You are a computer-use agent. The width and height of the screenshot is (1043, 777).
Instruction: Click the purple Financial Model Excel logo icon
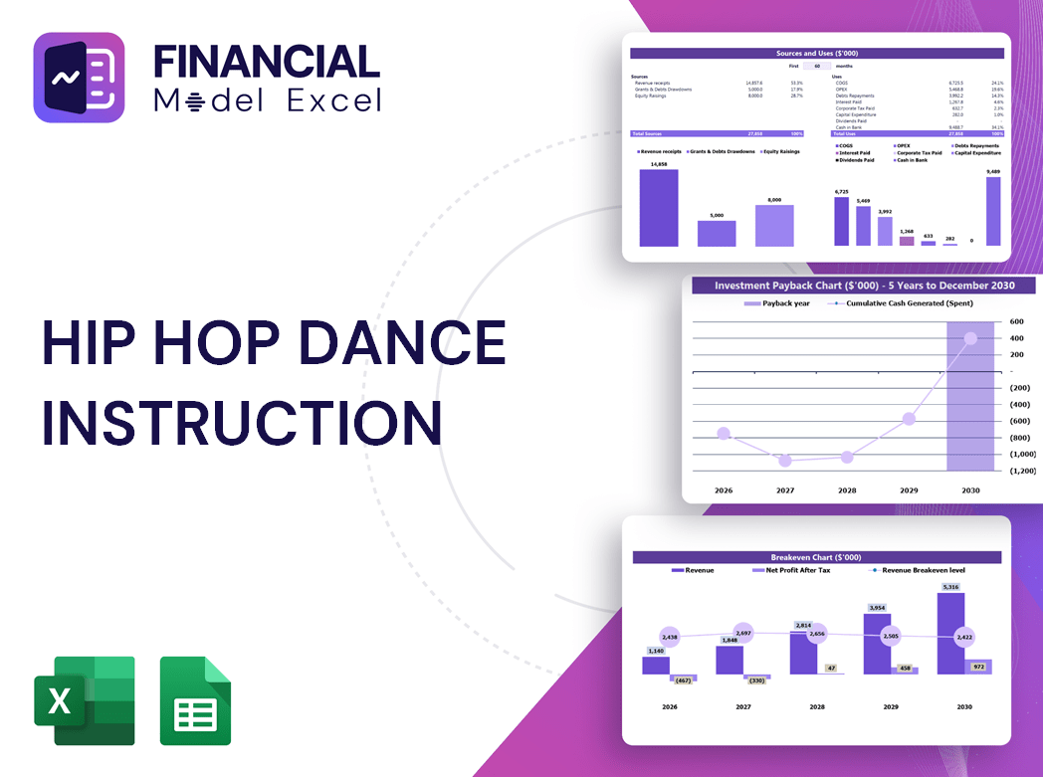(x=79, y=78)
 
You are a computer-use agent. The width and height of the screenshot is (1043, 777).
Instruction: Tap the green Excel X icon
(x=84, y=700)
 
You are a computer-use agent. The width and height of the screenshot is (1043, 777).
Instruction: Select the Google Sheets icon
(x=195, y=700)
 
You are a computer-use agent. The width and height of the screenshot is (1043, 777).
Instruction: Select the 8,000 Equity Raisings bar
(x=774, y=225)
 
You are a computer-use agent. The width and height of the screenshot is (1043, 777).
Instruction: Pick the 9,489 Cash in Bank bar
(x=993, y=211)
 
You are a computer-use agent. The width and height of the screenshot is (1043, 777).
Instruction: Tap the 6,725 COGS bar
(x=842, y=221)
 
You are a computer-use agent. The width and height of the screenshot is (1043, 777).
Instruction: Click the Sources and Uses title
(x=817, y=53)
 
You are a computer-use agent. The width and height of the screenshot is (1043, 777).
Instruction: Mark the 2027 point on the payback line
(x=785, y=461)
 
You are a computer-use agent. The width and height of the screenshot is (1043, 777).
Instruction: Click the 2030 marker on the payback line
(x=970, y=338)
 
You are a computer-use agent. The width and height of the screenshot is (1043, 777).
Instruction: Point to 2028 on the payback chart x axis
(x=847, y=490)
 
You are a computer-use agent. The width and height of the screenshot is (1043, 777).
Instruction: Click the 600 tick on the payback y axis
(x=1016, y=321)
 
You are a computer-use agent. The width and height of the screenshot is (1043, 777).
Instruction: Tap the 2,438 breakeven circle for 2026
(x=669, y=637)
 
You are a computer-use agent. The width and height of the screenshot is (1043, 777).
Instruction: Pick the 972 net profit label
(x=977, y=667)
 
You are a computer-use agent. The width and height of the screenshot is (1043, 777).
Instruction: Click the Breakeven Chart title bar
(x=816, y=557)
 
